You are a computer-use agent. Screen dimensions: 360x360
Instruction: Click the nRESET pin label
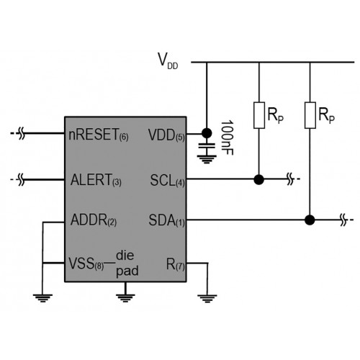coord(99,135)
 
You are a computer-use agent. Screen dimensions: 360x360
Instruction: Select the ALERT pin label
coord(96,180)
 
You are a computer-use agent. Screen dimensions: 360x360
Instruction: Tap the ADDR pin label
coord(94,220)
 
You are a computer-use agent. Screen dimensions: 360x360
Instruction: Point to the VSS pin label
coord(86,264)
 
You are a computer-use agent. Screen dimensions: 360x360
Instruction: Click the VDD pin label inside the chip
coord(166,135)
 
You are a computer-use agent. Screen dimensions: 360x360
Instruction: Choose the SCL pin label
coord(167,180)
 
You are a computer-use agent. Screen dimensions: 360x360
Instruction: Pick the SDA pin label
coord(167,220)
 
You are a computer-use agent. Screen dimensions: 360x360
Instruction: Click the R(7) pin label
coord(176,264)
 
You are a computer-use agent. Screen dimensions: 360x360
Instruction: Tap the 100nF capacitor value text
coord(227,138)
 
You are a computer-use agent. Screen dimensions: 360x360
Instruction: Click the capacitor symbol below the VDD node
coord(207,145)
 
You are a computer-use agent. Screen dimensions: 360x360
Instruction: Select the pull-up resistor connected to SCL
coord(259,115)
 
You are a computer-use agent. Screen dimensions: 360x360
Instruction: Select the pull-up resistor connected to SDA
coord(310,115)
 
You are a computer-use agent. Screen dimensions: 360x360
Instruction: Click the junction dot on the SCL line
coord(259,179)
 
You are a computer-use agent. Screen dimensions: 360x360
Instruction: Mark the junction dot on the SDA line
coord(310,220)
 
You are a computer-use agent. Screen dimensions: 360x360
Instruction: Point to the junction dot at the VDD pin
coord(207,133)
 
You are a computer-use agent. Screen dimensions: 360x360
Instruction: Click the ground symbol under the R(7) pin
coord(207,299)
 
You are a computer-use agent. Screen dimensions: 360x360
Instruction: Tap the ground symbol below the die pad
coord(125,298)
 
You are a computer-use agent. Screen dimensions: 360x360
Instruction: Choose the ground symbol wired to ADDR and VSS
coord(43,298)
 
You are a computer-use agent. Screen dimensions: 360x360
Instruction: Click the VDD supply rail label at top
coord(168,60)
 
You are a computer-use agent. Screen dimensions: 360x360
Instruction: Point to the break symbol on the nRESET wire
coord(22,133)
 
